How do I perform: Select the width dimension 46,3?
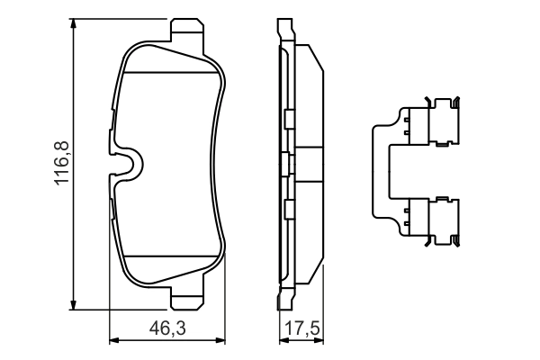pos(166,329)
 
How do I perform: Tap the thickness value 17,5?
pos(298,329)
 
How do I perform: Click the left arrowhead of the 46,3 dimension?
pos(113,340)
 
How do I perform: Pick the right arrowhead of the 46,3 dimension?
pos(220,340)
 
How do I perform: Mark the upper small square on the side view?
pos(288,120)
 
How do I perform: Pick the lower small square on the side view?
pos(288,209)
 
